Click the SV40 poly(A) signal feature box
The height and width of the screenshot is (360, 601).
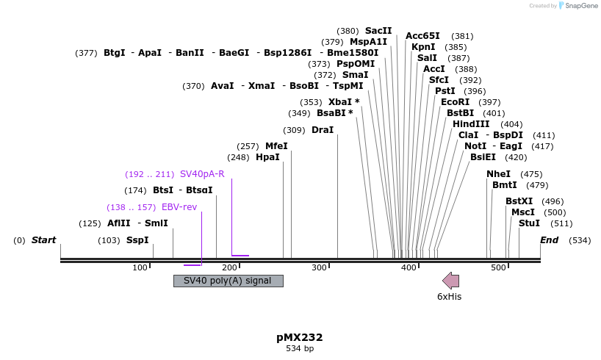click(228, 281)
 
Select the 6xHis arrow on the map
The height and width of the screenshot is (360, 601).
click(450, 280)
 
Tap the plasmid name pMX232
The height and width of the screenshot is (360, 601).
click(300, 337)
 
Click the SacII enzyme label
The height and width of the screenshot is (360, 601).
click(378, 31)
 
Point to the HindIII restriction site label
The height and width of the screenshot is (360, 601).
click(471, 124)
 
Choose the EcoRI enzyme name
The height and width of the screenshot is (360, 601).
click(455, 102)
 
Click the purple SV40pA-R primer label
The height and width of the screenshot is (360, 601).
click(202, 174)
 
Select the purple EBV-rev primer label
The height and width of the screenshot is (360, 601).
click(179, 207)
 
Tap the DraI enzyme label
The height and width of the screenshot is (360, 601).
click(323, 130)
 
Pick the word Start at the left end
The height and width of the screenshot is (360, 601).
click(43, 240)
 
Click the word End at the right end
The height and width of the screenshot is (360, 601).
click(550, 240)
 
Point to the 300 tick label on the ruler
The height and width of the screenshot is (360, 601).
click(320, 267)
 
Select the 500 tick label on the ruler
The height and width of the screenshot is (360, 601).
click(499, 267)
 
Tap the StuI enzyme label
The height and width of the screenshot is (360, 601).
click(529, 223)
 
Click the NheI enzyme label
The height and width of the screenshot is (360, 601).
click(498, 174)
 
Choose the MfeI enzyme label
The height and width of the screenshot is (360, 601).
click(276, 146)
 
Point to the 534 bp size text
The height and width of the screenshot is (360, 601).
click(300, 348)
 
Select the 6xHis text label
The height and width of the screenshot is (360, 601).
click(449, 296)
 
